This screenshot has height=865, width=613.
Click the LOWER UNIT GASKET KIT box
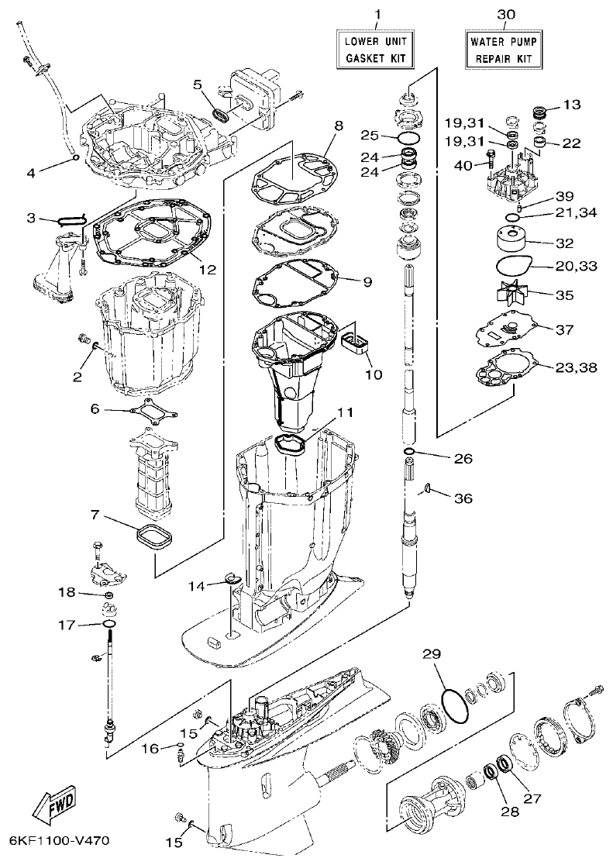(x=376, y=49)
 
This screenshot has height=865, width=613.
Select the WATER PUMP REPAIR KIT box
(x=505, y=49)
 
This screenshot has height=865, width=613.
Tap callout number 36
(x=463, y=498)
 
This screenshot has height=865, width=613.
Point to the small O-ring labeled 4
(x=75, y=158)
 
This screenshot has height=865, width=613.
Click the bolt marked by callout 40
(x=491, y=161)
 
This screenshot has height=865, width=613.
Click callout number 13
(x=571, y=104)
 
